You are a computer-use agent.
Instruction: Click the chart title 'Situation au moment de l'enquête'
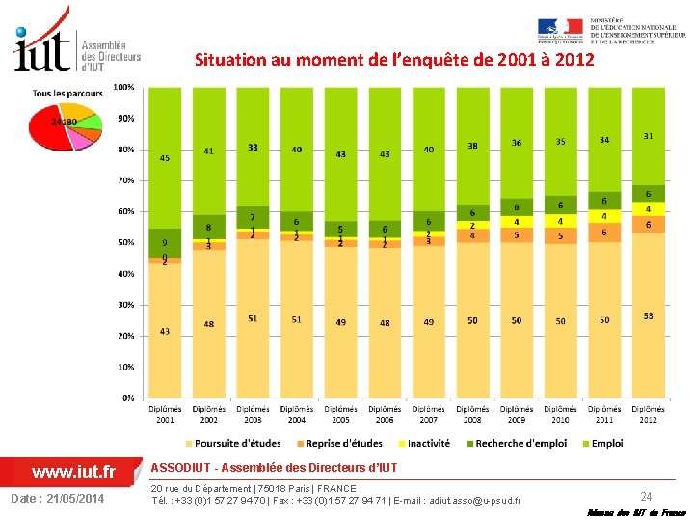click(394, 60)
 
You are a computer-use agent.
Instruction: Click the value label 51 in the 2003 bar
click(253, 318)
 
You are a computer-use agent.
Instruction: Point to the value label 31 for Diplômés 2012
click(648, 136)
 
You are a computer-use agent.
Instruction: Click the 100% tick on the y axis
click(124, 88)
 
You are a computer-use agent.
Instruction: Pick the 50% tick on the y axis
click(125, 243)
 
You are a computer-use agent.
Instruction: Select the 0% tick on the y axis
click(127, 398)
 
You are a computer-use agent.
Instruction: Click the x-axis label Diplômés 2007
click(428, 415)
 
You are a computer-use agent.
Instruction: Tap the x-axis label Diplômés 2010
click(560, 415)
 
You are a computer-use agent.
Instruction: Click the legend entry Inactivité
click(423, 444)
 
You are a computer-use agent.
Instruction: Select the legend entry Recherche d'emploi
click(515, 444)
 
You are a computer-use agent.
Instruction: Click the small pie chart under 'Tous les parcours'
click(64, 126)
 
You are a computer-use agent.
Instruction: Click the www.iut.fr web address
click(74, 472)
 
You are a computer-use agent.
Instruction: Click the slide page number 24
click(646, 496)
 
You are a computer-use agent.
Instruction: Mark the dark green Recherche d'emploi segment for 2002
click(209, 227)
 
